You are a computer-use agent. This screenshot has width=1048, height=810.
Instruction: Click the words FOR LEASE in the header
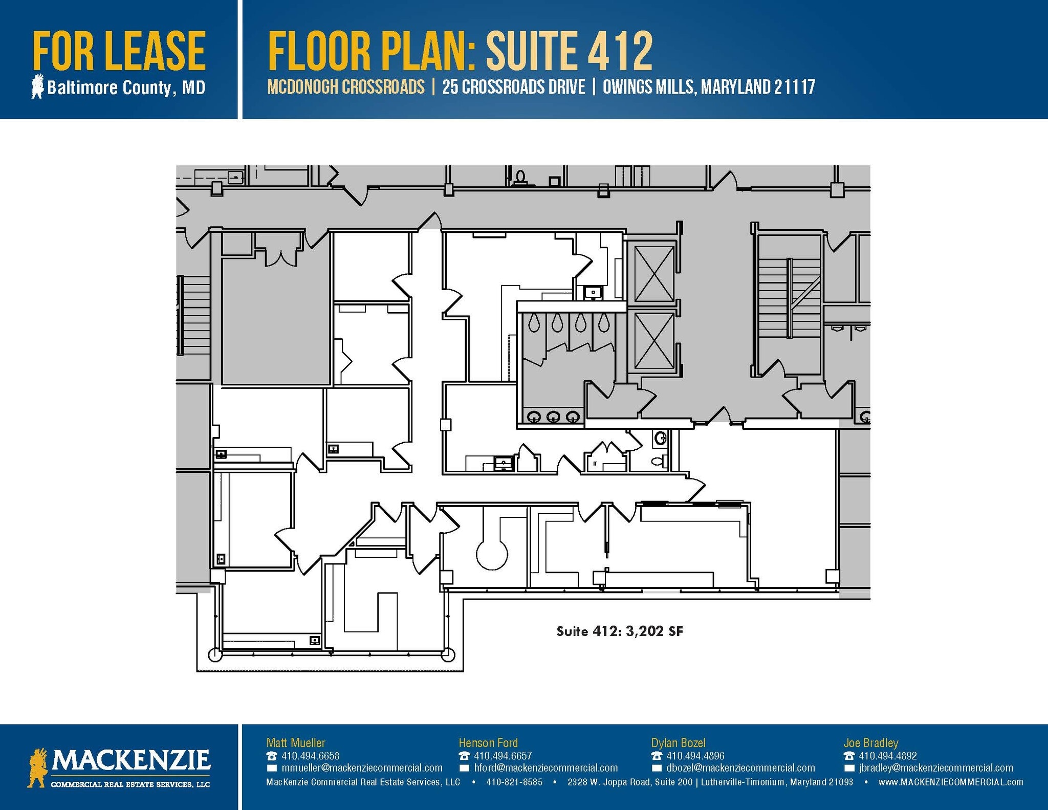point(119,51)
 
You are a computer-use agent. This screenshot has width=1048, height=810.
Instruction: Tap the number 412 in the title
point(620,51)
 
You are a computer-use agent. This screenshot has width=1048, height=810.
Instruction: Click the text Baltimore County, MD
point(126,87)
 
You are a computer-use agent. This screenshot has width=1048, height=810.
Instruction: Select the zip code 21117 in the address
point(794,87)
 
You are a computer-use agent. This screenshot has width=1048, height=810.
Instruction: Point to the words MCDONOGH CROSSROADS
point(346,87)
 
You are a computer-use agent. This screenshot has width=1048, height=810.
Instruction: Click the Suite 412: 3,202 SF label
point(619,631)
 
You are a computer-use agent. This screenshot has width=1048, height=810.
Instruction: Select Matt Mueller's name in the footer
point(296,742)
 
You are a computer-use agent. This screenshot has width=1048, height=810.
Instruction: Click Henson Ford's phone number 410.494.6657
point(503,756)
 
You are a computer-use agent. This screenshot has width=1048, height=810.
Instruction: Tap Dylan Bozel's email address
point(740,768)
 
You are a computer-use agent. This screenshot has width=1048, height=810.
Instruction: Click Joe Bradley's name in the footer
point(870,742)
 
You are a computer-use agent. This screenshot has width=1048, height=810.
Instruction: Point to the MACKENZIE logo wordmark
point(130,761)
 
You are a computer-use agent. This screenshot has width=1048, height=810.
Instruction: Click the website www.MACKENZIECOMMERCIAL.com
point(951,782)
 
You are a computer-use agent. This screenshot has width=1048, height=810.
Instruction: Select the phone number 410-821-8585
point(514,782)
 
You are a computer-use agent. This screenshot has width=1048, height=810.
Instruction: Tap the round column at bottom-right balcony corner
point(448,654)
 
